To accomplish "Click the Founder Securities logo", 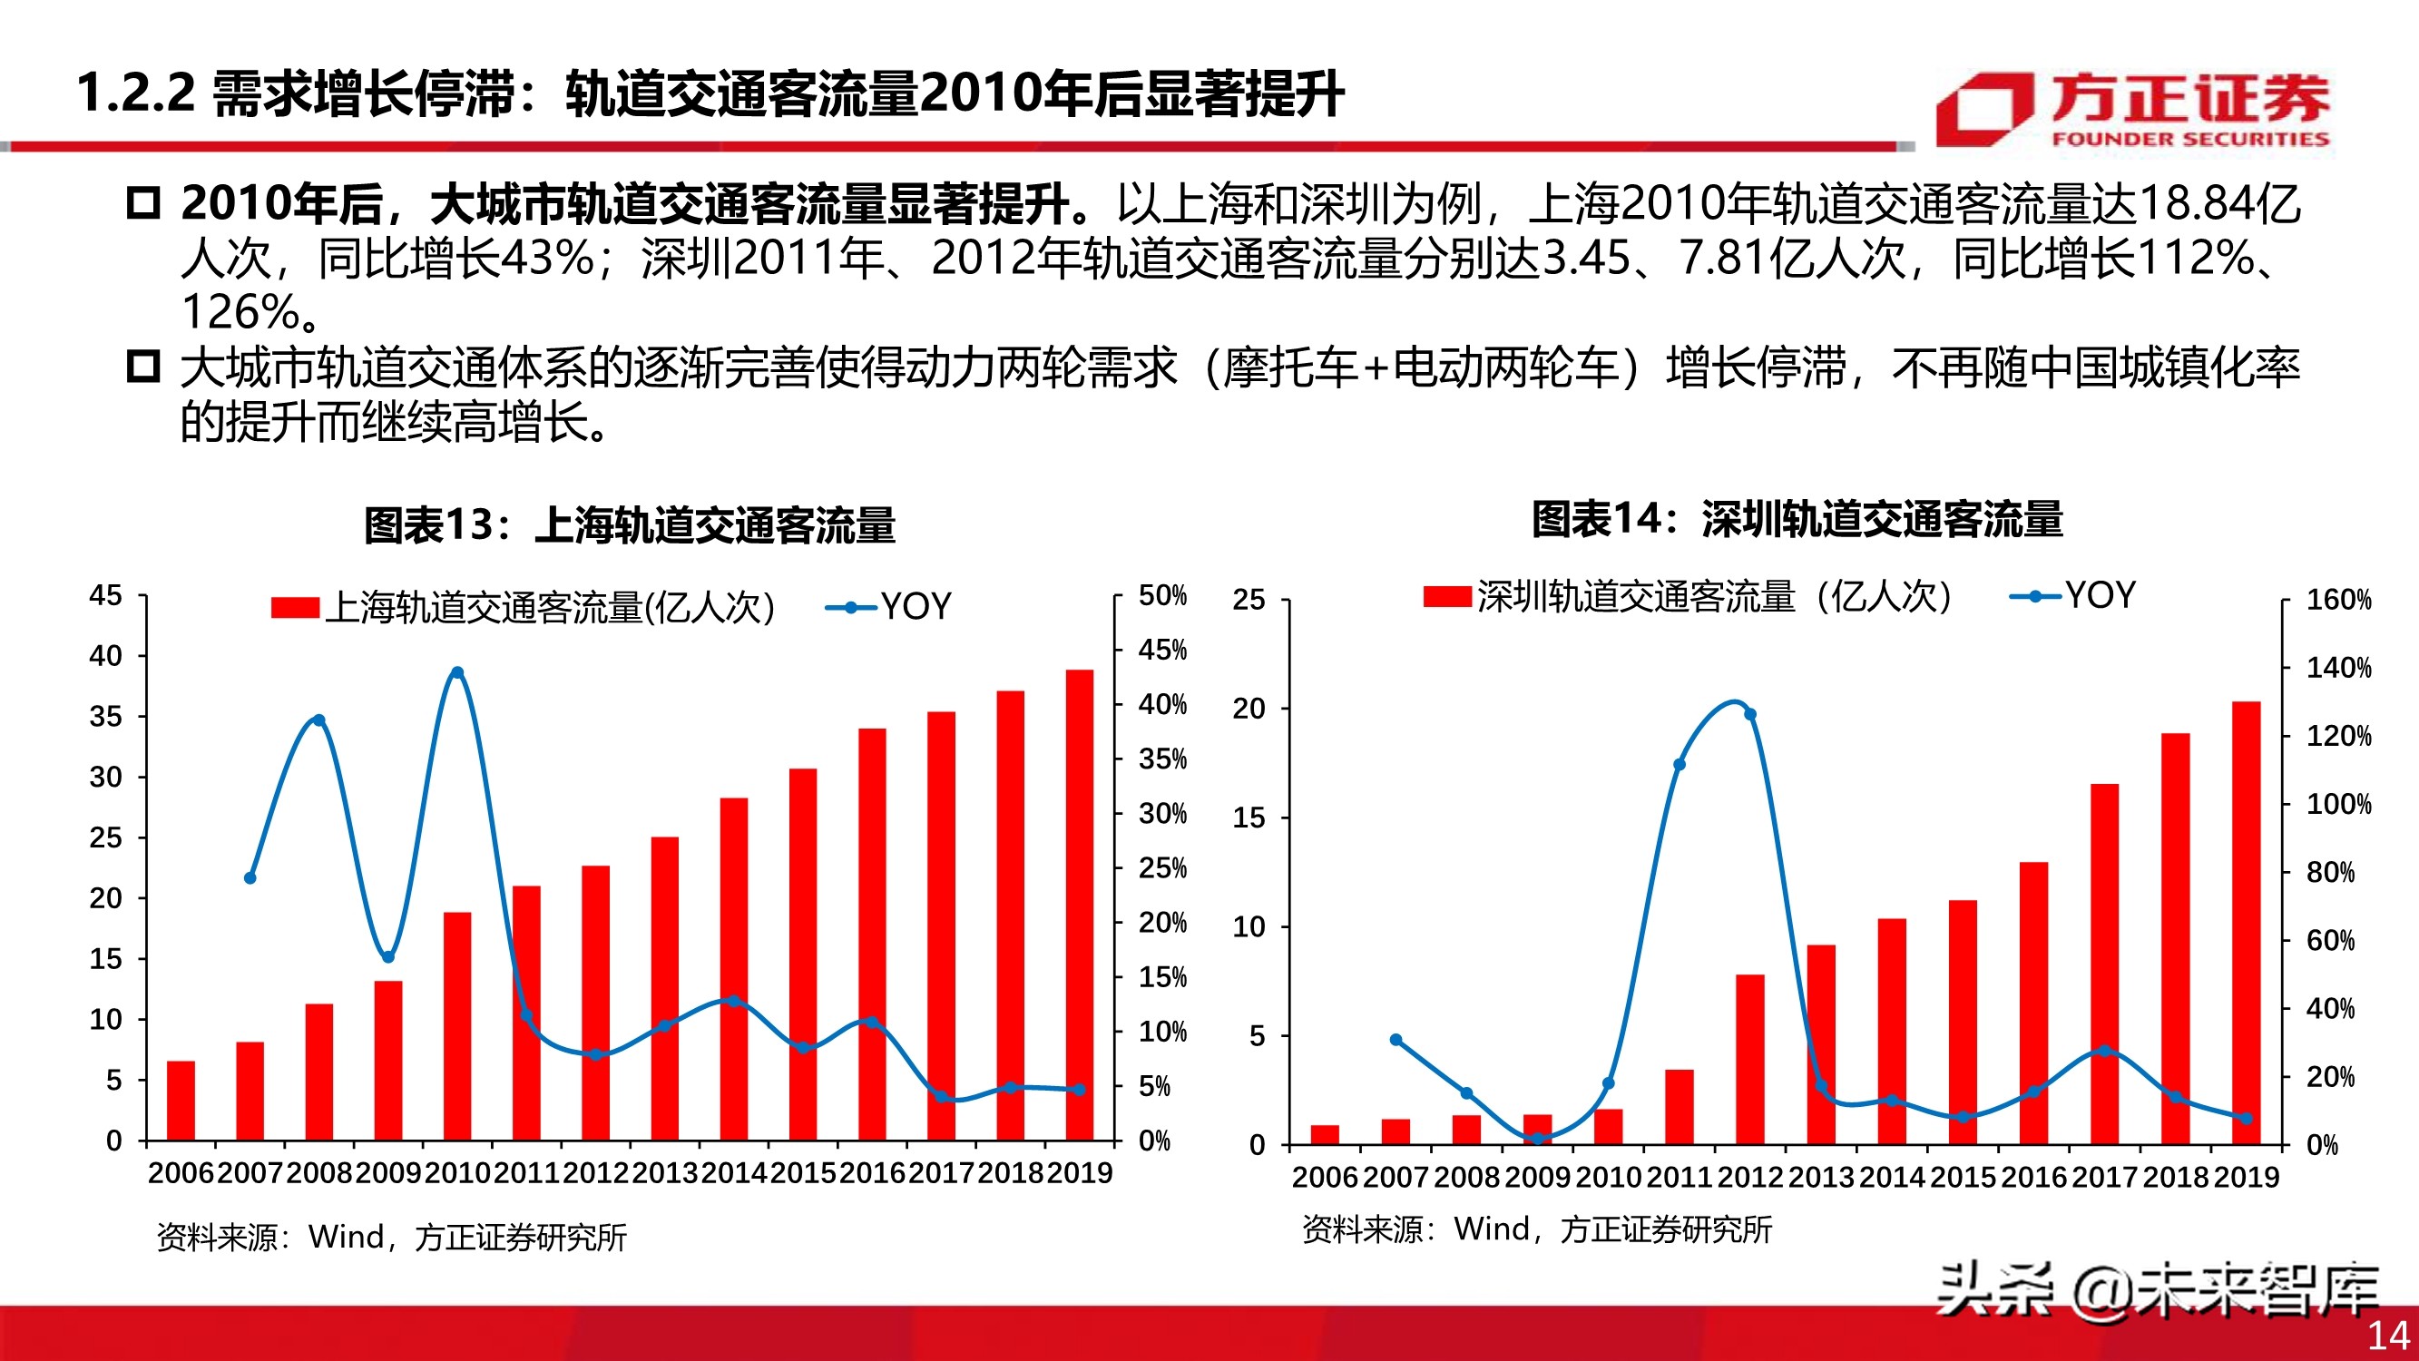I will tap(2131, 111).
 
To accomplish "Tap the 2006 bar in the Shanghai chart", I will tap(181, 1100).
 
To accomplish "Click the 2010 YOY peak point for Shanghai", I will tap(457, 672).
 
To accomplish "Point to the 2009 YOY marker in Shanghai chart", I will tap(387, 957).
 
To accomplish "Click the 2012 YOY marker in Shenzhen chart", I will tap(1749, 715).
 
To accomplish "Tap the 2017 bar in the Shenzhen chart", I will tap(2104, 963).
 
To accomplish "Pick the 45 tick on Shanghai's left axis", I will tap(105, 595).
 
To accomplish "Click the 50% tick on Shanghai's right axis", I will tap(1162, 595).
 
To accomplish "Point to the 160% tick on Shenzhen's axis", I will tap(2338, 599).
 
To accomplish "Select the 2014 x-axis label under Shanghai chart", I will tap(734, 1173).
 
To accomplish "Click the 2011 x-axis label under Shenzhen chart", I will tap(1679, 1177).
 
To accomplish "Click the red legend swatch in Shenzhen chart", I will tap(1446, 596).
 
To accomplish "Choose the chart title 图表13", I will tap(629, 524).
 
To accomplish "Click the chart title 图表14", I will tap(1797, 519).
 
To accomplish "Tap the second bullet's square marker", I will tap(142, 366).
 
